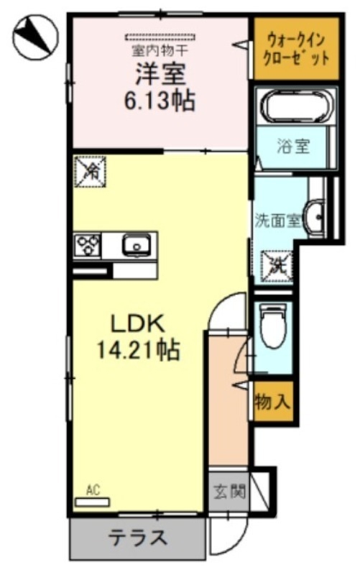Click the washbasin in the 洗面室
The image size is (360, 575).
click(313, 214)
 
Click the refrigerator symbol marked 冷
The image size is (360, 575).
click(90, 170)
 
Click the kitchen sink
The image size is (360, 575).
click(135, 246)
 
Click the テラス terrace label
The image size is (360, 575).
click(138, 536)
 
